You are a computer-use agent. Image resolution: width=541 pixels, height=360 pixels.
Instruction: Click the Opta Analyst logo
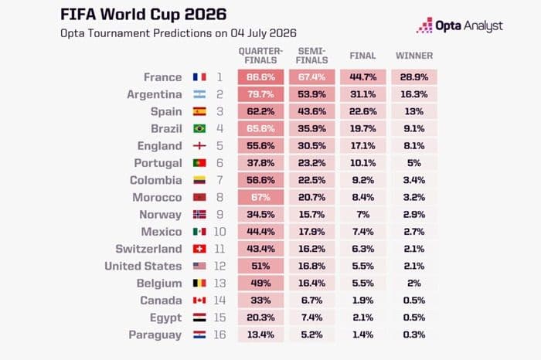click(459, 25)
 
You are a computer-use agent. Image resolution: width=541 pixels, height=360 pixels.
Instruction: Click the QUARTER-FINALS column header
click(260, 56)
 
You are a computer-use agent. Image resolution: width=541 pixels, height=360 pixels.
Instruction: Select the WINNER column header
click(414, 56)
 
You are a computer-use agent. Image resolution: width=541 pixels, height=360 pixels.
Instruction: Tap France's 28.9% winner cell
click(414, 77)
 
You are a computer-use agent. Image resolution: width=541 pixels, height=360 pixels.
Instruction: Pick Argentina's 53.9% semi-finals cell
click(312, 94)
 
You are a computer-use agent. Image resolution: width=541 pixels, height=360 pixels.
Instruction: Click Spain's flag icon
click(199, 111)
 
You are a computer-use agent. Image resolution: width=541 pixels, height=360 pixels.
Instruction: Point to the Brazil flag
click(199, 128)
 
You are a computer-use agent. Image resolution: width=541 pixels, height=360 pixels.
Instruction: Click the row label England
click(159, 146)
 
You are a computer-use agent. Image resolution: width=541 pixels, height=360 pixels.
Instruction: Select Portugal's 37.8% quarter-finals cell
click(261, 163)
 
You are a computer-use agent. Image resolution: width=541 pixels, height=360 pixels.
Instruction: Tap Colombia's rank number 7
click(219, 180)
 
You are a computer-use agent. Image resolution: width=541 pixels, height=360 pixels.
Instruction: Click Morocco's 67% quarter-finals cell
click(261, 197)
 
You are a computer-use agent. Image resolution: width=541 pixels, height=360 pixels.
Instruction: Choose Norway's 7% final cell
click(363, 215)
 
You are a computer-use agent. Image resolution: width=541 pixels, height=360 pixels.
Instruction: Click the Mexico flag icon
click(199, 232)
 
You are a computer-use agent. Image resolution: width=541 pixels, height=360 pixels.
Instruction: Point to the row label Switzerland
click(148, 249)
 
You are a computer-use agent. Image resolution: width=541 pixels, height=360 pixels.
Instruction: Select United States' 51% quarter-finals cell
click(261, 267)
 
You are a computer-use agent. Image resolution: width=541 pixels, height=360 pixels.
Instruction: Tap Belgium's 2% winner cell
click(414, 283)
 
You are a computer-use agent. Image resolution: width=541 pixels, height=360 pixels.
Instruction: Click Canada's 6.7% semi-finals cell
click(312, 301)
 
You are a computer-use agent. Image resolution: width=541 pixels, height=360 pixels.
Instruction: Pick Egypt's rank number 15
click(219, 318)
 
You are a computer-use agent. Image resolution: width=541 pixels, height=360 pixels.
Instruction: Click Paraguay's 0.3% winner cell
click(414, 335)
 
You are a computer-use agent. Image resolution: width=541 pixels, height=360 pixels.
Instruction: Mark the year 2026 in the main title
click(206, 15)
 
